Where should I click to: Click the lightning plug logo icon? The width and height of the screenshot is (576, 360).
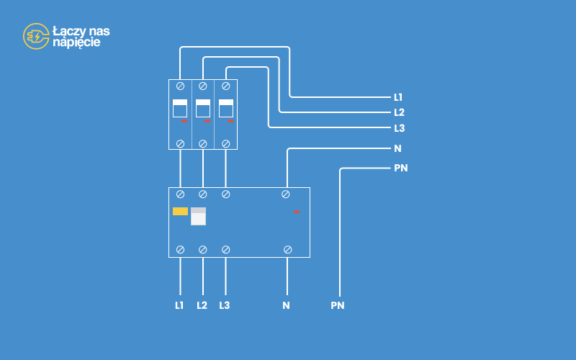(x=36, y=36)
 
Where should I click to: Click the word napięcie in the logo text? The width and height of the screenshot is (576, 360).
(x=76, y=43)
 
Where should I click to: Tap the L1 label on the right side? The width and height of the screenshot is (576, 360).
(x=399, y=97)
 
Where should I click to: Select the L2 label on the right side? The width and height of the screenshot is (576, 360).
(x=399, y=113)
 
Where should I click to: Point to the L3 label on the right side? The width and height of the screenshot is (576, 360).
(x=399, y=129)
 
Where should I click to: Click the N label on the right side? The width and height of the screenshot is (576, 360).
(x=397, y=149)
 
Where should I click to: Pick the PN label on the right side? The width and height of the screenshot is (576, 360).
(x=401, y=168)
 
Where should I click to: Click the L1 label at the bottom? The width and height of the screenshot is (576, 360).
(x=179, y=305)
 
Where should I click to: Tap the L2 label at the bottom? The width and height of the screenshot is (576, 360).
(x=202, y=305)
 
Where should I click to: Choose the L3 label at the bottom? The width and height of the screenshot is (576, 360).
(x=225, y=305)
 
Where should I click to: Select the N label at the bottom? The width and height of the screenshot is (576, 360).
(x=287, y=305)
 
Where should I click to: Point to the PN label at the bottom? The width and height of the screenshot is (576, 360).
(x=338, y=305)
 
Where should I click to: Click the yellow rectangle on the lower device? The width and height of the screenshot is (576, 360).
(x=180, y=212)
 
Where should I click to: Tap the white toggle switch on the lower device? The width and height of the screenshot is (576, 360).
(x=198, y=217)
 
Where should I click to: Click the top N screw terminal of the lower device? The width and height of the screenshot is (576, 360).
(x=286, y=194)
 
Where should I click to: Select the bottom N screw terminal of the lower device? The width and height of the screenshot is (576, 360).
(x=287, y=249)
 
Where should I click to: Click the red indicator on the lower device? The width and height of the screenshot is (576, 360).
(x=295, y=212)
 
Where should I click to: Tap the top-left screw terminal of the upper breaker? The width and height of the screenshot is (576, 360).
(x=180, y=86)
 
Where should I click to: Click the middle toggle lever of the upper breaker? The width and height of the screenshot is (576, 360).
(x=203, y=109)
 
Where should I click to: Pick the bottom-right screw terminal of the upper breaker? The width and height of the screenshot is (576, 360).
(x=226, y=144)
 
